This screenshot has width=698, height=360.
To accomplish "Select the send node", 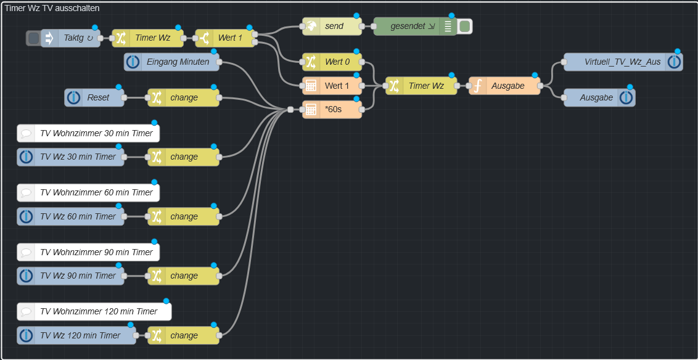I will (333, 27).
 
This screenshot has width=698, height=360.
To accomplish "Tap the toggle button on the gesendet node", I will (465, 27).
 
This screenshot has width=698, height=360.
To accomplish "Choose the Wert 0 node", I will (333, 62).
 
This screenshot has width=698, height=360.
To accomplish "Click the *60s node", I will (333, 110).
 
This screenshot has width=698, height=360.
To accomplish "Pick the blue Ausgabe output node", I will (596, 97).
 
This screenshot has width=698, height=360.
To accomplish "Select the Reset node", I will (96, 97).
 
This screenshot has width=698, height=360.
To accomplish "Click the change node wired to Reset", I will (184, 97).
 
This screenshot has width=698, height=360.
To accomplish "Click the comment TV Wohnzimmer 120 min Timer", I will (96, 311).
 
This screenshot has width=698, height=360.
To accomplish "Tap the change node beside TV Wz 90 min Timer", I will (184, 276).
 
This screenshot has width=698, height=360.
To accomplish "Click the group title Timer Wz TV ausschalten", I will (52, 8).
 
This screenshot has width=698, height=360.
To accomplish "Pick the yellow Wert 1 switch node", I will (226, 38).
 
